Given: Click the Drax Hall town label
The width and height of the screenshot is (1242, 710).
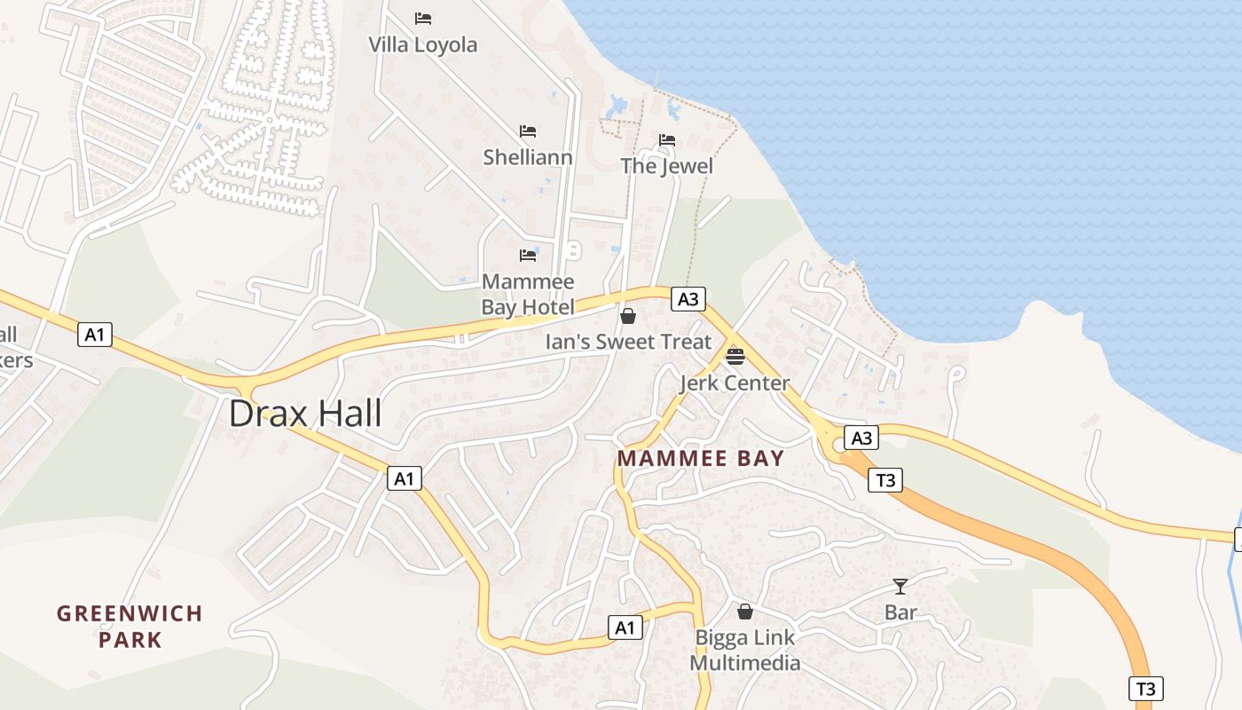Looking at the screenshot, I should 305,414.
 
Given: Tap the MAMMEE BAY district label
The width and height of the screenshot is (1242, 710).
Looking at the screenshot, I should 700,458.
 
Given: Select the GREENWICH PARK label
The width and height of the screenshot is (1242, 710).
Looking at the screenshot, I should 130,626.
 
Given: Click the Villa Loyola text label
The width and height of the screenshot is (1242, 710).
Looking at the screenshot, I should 422,44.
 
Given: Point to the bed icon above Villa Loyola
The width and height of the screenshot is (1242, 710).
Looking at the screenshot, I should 423,18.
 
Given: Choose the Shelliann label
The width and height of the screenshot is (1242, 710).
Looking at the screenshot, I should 527,157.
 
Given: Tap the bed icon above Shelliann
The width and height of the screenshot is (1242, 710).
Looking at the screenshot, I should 528,131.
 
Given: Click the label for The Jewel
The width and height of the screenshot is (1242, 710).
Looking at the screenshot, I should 666,166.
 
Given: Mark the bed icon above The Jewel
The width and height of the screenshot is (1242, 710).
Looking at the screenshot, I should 667,140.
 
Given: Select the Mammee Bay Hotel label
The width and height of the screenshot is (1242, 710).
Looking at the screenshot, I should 528,294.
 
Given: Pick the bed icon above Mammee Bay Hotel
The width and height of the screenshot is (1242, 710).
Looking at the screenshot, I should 528,256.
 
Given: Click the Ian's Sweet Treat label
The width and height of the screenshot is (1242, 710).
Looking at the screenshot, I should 628,342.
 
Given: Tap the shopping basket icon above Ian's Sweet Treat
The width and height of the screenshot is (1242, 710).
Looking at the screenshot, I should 628,316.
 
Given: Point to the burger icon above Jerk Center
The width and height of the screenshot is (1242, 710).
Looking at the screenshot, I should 735,357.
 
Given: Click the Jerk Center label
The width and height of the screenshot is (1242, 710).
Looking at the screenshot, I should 735,383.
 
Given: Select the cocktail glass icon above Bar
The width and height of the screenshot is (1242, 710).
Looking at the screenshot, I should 900,586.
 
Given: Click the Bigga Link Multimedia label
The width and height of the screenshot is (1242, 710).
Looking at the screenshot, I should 745,650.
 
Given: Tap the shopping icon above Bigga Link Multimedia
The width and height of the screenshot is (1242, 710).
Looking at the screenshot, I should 745,611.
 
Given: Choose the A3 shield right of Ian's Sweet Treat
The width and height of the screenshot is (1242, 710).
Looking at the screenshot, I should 688,299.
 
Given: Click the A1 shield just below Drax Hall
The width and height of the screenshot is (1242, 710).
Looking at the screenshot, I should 404,479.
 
